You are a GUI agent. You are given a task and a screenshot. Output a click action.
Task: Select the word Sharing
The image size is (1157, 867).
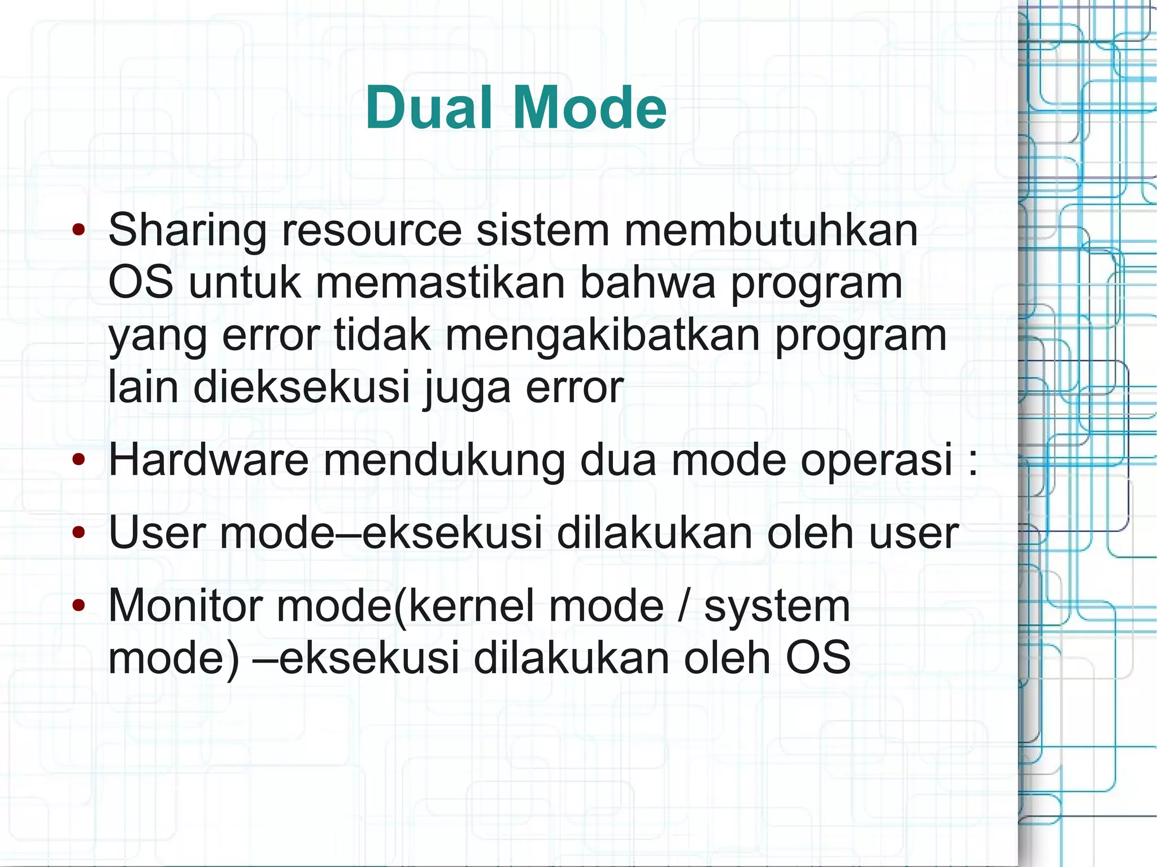coord(187,231)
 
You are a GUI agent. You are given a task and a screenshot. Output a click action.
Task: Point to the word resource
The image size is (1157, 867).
coord(372,231)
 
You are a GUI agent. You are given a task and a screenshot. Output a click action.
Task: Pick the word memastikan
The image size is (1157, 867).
coord(440,282)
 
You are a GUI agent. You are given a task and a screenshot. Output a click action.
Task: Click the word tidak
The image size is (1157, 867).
coord(382,334)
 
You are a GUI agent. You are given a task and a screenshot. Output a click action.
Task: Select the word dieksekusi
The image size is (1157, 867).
coord(302,387)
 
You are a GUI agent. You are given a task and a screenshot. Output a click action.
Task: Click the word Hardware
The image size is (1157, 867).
coord(208,460)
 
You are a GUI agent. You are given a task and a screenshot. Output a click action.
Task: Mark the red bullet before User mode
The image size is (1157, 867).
coord(79,533)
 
